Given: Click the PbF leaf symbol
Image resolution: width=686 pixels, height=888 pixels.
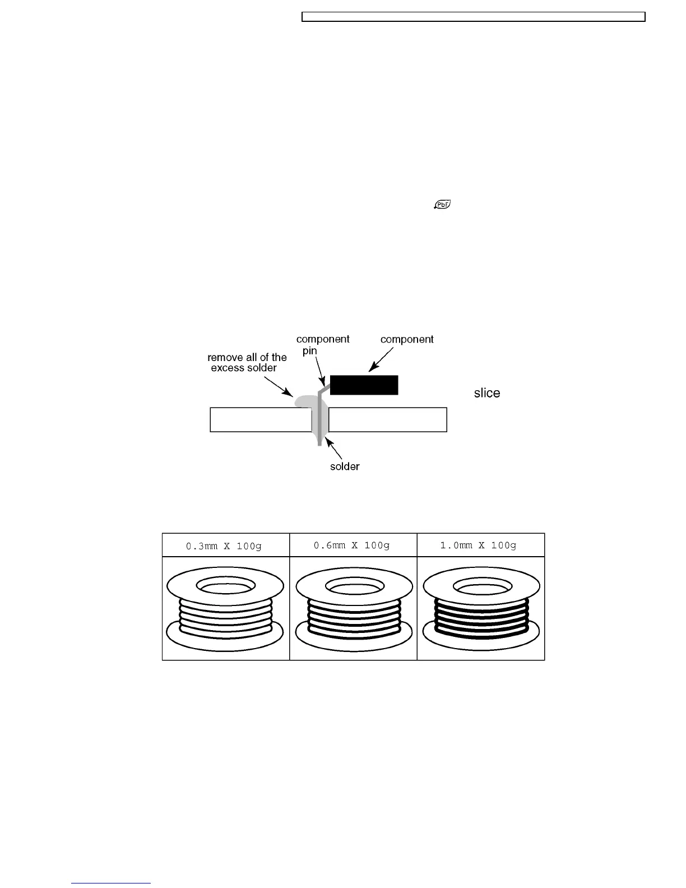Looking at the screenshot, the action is point(442,205).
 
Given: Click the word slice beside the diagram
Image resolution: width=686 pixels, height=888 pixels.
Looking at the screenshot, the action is point(486,393).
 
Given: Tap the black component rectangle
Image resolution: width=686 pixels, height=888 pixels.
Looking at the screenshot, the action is point(364,385).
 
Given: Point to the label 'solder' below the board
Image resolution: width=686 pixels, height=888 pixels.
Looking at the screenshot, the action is point(344,466).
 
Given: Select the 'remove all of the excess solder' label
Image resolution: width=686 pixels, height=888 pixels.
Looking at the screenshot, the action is point(247,362).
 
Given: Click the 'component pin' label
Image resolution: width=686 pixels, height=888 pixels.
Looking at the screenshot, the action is point(322,345).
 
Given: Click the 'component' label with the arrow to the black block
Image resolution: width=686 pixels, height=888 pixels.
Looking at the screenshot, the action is point(407,339).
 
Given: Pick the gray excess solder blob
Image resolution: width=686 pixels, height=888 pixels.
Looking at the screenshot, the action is point(303,401).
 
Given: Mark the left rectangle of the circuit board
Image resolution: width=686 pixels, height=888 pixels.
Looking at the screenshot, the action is point(260,419).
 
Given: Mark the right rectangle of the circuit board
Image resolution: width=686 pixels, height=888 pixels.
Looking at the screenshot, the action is point(387,419).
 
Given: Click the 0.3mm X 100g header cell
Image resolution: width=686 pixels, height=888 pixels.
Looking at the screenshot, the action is point(225,545).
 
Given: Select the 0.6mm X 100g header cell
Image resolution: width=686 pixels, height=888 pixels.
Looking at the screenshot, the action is point(353,545).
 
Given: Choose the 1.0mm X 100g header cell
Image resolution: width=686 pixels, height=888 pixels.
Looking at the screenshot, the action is point(480,545).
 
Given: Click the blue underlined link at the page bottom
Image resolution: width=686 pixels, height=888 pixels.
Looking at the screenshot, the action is point(111,883).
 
